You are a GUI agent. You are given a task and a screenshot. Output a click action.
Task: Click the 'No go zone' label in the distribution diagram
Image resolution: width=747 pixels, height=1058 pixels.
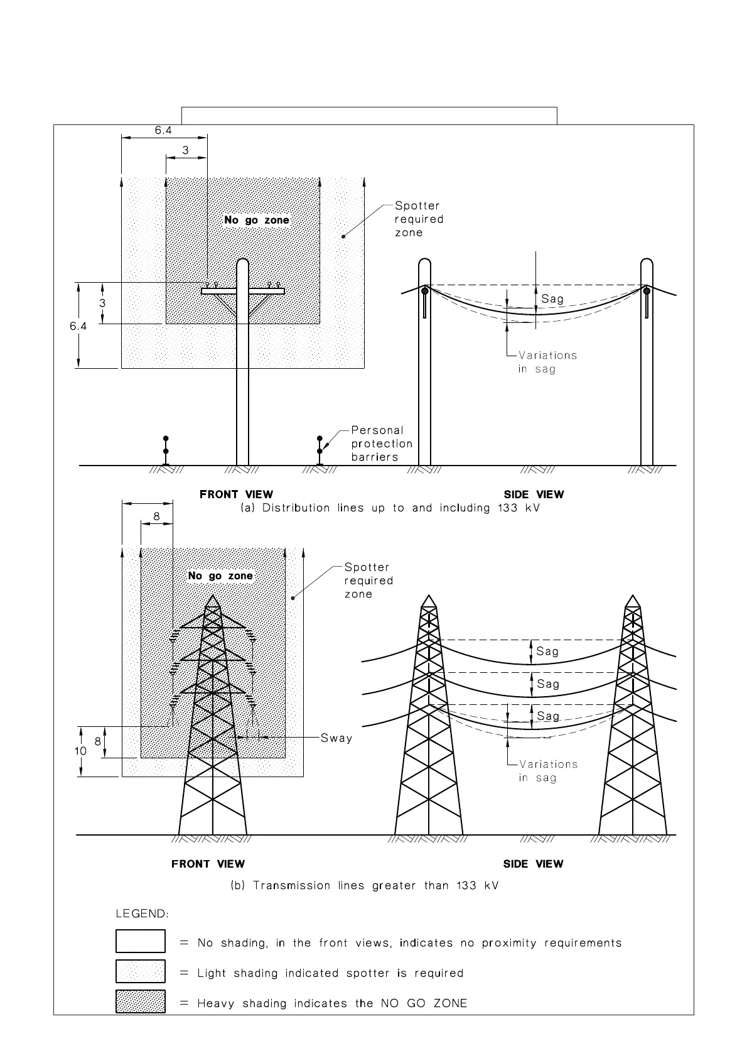tap(257, 220)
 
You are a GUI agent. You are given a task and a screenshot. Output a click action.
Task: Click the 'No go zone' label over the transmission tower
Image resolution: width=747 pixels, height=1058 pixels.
tap(220, 575)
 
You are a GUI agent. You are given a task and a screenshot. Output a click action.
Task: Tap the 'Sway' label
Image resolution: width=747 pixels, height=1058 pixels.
tap(336, 738)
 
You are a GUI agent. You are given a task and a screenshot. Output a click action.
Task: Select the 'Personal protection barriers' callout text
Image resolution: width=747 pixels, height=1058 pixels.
tap(382, 444)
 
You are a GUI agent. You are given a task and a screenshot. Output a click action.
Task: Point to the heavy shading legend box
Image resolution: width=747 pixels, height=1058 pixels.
tap(141, 1001)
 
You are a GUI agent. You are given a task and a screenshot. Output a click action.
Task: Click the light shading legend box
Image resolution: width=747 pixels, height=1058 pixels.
tap(141, 971)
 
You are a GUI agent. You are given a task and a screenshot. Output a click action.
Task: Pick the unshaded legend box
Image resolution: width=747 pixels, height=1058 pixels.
tap(141, 941)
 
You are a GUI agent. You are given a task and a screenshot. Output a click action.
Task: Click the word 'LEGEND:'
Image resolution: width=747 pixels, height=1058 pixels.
tap(142, 913)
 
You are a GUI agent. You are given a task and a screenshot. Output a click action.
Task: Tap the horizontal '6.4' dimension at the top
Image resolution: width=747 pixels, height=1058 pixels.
tap(163, 130)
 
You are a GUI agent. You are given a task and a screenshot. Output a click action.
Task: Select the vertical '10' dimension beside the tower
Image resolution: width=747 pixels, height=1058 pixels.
tap(80, 751)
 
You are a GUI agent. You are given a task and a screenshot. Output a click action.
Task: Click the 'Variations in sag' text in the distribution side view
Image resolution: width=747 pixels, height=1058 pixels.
tap(547, 362)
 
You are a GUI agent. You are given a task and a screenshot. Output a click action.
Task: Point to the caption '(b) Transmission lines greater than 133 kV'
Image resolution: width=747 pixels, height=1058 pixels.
tap(365, 886)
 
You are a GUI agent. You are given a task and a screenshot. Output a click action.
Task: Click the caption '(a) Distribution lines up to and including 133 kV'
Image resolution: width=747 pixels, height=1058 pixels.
tap(390, 508)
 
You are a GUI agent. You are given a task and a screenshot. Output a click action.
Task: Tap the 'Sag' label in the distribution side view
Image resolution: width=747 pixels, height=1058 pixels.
tap(552, 299)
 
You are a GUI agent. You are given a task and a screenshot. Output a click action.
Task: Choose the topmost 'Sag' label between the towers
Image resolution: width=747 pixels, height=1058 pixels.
tap(547, 652)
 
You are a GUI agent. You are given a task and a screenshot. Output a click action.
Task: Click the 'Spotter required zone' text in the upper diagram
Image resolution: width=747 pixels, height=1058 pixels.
tap(419, 219)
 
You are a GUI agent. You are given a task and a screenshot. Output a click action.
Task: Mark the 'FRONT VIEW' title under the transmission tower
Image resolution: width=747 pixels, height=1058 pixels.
tap(208, 864)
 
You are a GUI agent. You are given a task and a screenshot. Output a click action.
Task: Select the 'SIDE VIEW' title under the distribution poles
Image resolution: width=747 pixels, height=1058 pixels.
tap(534, 494)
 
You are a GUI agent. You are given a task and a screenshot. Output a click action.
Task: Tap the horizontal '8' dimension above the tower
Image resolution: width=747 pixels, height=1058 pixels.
tap(156, 516)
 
